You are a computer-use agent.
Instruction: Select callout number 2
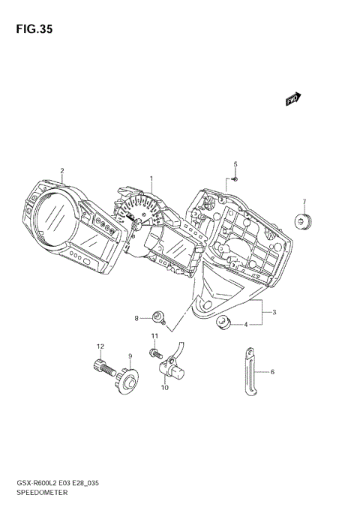(62, 170)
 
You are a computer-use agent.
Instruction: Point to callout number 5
(235, 164)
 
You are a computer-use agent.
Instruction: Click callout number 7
(304, 201)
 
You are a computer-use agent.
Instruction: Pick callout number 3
(274, 312)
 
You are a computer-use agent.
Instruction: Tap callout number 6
(272, 371)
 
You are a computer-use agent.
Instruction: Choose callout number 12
(98, 346)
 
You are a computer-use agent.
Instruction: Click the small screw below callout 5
(234, 178)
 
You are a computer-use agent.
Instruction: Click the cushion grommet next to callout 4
(223, 323)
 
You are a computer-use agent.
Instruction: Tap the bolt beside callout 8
(157, 317)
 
